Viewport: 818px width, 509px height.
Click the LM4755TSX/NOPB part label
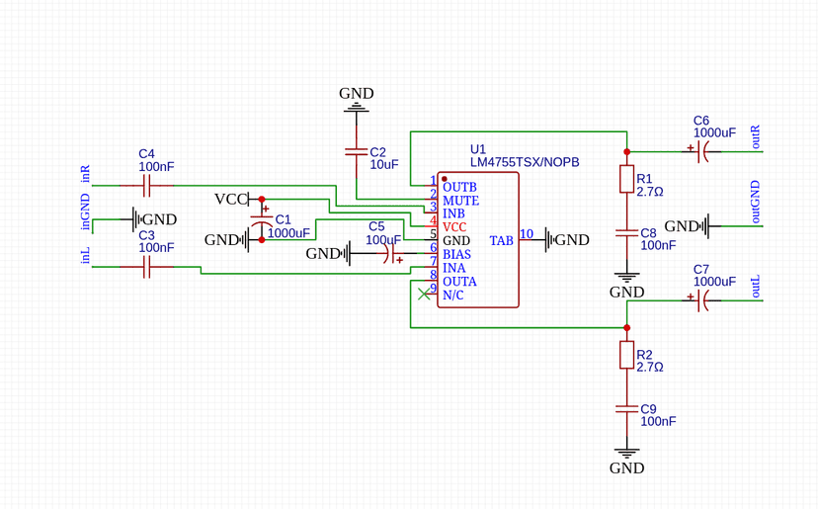click(x=524, y=162)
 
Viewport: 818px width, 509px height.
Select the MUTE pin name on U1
click(x=460, y=200)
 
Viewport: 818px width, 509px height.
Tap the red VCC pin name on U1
click(x=454, y=226)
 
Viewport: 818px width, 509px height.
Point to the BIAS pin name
click(x=456, y=254)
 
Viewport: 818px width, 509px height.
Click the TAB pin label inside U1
click(x=501, y=240)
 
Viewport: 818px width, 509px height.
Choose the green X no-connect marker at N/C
click(x=425, y=294)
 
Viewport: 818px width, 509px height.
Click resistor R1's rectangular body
click(x=626, y=179)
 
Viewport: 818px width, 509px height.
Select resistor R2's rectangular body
click(x=626, y=355)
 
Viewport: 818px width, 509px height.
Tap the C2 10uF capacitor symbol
click(x=356, y=152)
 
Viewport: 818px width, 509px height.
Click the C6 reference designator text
click(x=701, y=120)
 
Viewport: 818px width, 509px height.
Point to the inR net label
click(x=86, y=175)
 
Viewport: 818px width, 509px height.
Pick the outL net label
click(x=757, y=287)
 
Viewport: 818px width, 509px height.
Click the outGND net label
click(x=757, y=202)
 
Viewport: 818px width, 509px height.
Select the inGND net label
click(x=86, y=212)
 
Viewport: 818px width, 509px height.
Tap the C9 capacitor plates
click(x=626, y=407)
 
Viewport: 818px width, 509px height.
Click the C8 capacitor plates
click(x=626, y=232)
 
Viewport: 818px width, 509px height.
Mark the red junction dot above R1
click(x=626, y=151)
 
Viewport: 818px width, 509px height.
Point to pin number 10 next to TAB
click(x=527, y=234)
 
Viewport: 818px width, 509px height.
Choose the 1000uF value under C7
click(x=714, y=282)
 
